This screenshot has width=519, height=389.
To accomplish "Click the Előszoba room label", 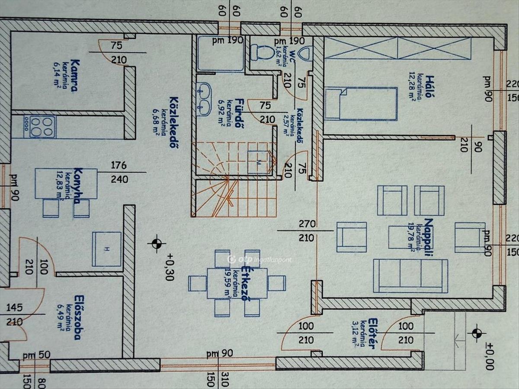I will click(x=78, y=317).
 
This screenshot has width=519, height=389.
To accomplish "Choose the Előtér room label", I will click(x=372, y=333).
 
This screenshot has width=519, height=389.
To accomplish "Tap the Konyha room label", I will click(x=78, y=185).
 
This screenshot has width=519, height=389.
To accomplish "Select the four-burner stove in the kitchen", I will click(x=42, y=127).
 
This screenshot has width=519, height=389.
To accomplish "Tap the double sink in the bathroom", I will click(x=203, y=99).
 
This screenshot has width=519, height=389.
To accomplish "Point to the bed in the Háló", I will click(x=361, y=104).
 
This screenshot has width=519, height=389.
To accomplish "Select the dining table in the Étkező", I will click(x=237, y=283).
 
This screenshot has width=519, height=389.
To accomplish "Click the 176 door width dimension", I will click(x=119, y=165).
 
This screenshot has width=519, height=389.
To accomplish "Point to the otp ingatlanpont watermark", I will click(x=259, y=259).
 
